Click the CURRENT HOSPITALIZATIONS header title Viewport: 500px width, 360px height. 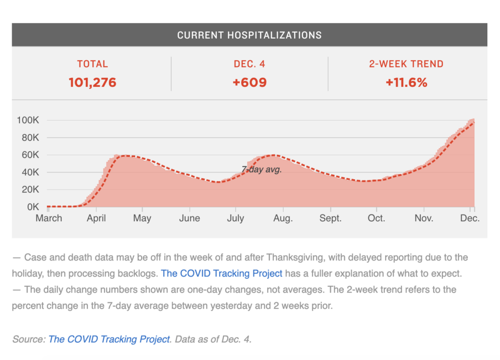click(x=249, y=35)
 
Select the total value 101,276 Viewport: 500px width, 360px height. click(x=92, y=83)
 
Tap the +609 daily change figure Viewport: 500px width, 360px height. click(x=250, y=83)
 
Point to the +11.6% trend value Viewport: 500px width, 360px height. click(x=406, y=83)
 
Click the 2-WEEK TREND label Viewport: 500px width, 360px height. click(x=406, y=64)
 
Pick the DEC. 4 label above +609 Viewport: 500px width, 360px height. click(x=250, y=64)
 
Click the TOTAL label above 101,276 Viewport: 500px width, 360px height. click(x=92, y=64)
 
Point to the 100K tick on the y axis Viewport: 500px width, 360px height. click(x=28, y=120)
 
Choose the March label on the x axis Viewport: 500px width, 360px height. click(x=49, y=218)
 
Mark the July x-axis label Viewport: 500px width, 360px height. click(x=236, y=218)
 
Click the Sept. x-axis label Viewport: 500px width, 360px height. click(x=331, y=218)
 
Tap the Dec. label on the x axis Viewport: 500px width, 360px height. click(x=470, y=218)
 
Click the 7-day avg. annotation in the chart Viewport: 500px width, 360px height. click(x=262, y=170)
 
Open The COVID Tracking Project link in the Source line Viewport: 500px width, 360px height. click(x=109, y=339)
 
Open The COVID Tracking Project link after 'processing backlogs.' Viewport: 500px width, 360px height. click(x=222, y=273)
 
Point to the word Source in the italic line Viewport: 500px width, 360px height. click(x=28, y=339)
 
